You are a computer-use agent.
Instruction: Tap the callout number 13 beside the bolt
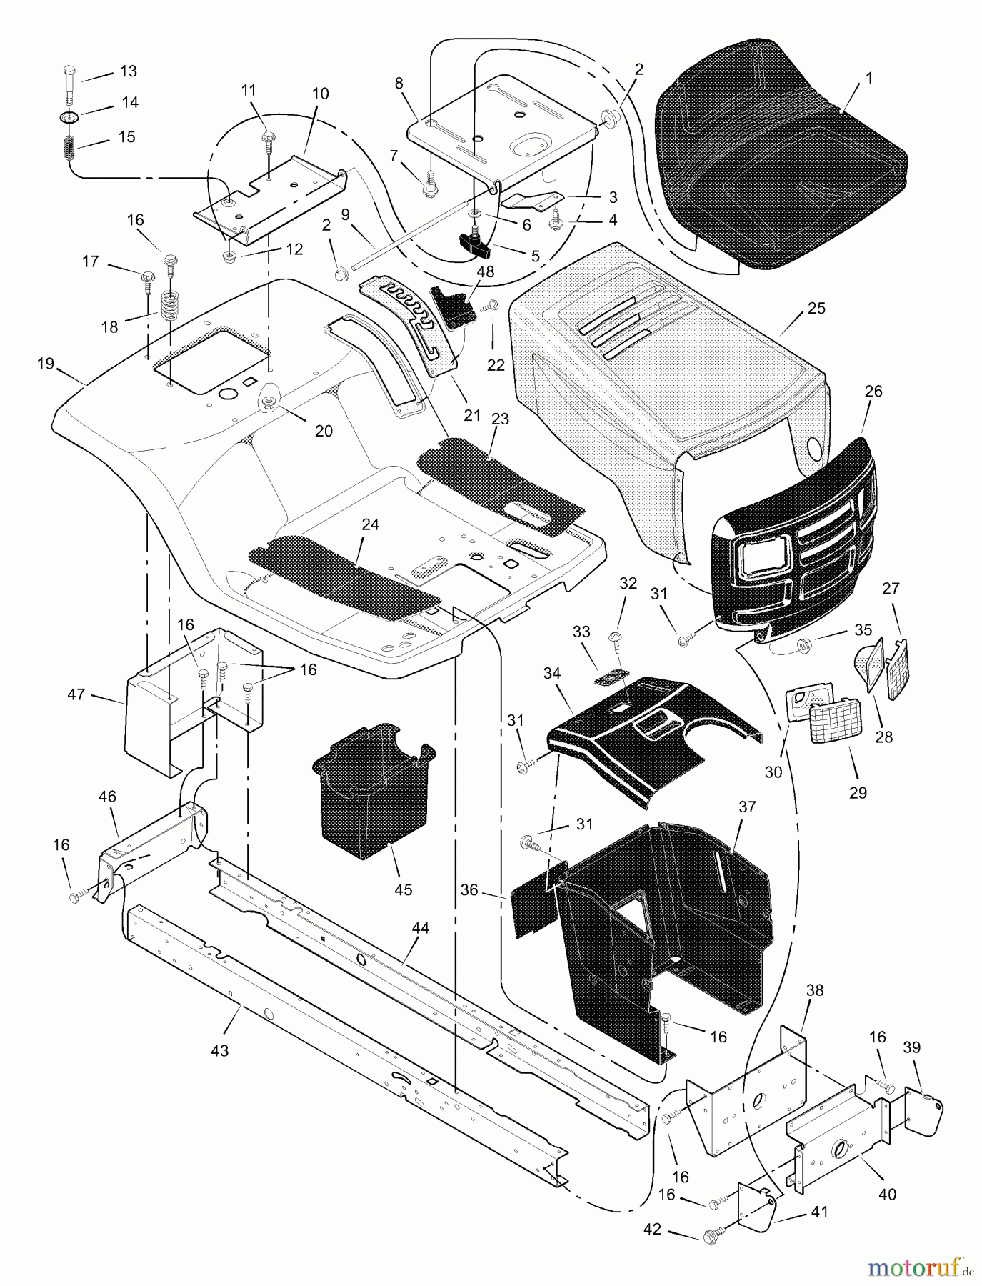(128, 71)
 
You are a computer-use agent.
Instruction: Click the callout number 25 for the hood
(816, 308)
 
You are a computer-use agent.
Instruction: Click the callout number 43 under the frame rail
(219, 1051)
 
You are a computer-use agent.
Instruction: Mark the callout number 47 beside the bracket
(76, 694)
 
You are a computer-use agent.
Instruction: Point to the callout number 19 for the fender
(46, 364)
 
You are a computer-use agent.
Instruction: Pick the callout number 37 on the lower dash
(747, 807)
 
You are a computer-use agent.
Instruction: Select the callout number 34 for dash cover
(551, 673)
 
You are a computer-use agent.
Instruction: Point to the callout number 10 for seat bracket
(320, 94)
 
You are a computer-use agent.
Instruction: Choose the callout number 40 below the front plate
(888, 1194)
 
